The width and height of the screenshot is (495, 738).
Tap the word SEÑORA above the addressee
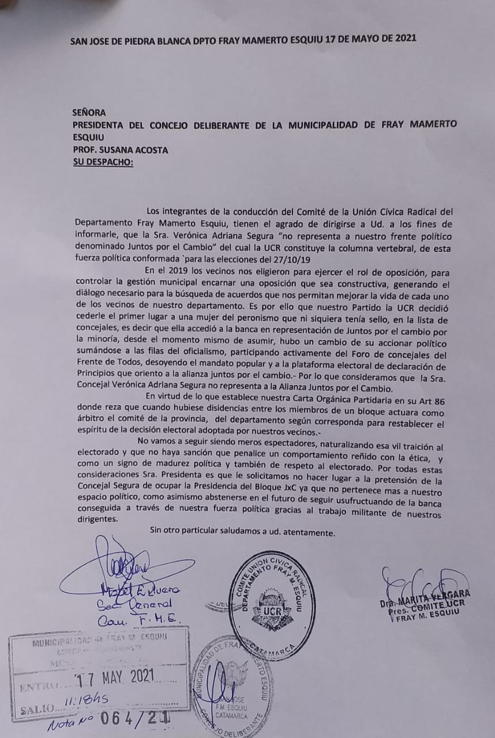click(89, 113)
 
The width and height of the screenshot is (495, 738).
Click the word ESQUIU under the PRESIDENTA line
click(88, 137)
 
